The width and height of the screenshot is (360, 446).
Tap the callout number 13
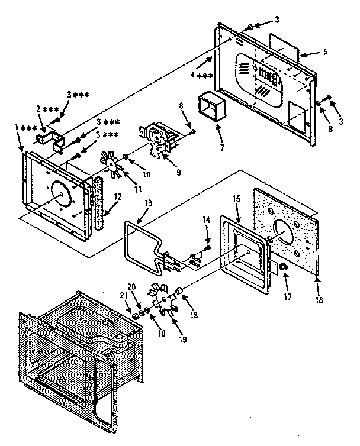pos(147,203)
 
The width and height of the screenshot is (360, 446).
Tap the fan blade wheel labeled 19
pos(162,303)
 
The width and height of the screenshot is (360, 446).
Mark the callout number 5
pos(324,51)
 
